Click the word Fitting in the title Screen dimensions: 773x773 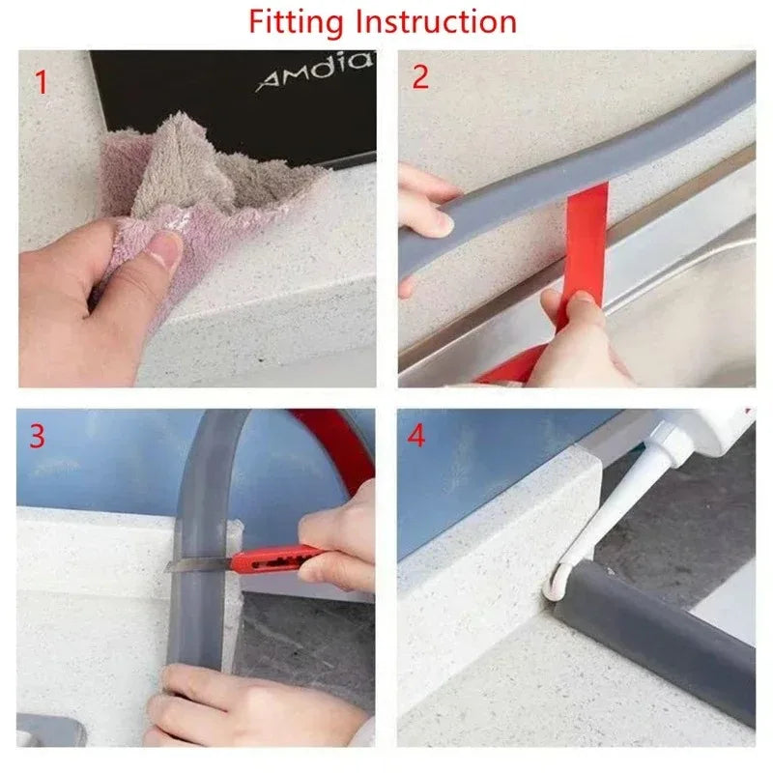click(298, 21)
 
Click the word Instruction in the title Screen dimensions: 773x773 click(437, 21)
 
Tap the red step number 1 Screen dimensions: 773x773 click(41, 81)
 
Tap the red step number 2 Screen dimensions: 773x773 click(420, 77)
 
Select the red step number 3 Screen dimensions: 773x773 click(37, 436)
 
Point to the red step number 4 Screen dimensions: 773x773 click(416, 436)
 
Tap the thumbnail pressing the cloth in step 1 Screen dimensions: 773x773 click(165, 254)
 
